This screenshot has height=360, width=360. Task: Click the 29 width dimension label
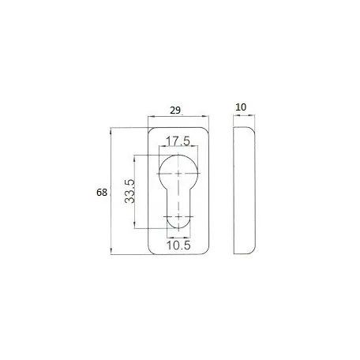[x=175, y=111]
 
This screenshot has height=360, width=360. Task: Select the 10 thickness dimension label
[x=241, y=107]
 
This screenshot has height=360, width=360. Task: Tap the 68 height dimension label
[x=102, y=193]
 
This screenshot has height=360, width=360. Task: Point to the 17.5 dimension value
[x=178, y=141]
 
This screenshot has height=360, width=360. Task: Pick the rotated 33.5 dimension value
[x=129, y=191]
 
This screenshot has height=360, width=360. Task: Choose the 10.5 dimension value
[x=178, y=246]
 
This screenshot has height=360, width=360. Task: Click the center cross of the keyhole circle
[x=178, y=173]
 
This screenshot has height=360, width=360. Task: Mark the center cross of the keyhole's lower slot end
[x=178, y=217]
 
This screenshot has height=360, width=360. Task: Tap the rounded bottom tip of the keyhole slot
[x=178, y=228]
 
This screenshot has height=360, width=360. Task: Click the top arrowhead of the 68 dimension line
[x=111, y=130]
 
